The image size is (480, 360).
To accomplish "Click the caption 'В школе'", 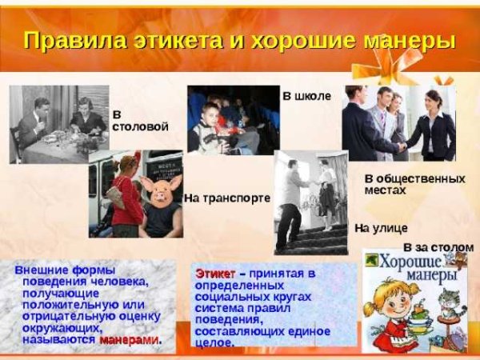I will coord(306,96).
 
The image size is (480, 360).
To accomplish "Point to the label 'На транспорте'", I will coord(227,198).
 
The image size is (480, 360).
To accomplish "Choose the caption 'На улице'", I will coord(381,228).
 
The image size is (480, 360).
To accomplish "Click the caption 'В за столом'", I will coord(433,247).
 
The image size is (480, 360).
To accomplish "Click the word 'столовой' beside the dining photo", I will coord(141,127).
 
